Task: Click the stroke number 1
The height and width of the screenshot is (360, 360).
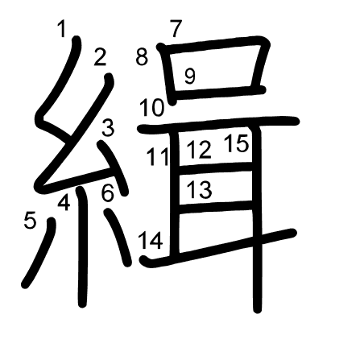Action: pos(63,31)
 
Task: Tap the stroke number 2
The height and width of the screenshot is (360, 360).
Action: pos(100,57)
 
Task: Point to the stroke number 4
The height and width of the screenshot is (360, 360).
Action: pos(64,203)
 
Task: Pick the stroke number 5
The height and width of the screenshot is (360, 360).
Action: pos(30,219)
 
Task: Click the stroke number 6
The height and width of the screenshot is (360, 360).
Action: pos(108,193)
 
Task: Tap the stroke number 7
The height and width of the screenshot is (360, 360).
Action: pos(176,28)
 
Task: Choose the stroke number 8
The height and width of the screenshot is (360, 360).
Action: pos(142,57)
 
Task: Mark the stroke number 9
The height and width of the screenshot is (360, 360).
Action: pos(190,77)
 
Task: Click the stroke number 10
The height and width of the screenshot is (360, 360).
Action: pos(151,107)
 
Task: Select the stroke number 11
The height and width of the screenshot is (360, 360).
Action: pos(157,156)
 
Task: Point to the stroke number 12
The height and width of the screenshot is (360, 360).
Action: pos(199,150)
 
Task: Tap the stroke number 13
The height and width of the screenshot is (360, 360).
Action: pos(199,190)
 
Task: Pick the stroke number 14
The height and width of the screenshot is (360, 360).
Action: pos(151,239)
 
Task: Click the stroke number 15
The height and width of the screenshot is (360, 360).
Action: pos(236,144)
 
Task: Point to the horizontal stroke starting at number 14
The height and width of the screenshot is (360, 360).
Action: pos(217,247)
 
